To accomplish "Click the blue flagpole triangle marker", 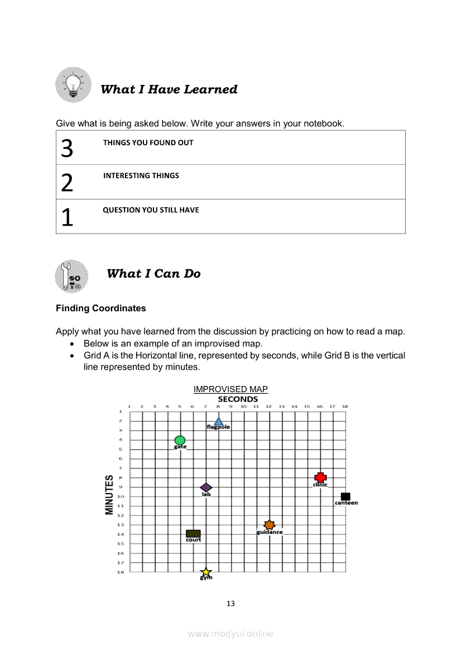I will pos(219,422).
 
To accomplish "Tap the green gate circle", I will pos(180,441).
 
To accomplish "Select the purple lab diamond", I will pos(206,488).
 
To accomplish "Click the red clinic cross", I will pos(320,478).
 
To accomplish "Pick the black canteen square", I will pos(345,497).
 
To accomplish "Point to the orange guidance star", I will pos(270,525).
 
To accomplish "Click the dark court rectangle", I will pos(193,534).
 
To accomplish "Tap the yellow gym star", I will pos(206,572).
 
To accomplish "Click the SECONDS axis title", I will pos(238,399).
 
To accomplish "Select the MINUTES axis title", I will pos(109,495).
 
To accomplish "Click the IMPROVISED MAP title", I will pos(231,389).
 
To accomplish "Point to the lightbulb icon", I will pos(73,85).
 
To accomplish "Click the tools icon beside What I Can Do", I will pos(72,276).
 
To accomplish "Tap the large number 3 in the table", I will pos(67,149).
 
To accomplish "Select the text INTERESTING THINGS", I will pos(141,176).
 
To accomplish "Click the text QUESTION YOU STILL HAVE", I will pos(151,211).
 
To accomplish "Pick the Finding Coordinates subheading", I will pos(101,308).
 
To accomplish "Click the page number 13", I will pos(231,603).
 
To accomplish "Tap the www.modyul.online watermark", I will pos(231,633).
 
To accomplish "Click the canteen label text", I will pos(347,503).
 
